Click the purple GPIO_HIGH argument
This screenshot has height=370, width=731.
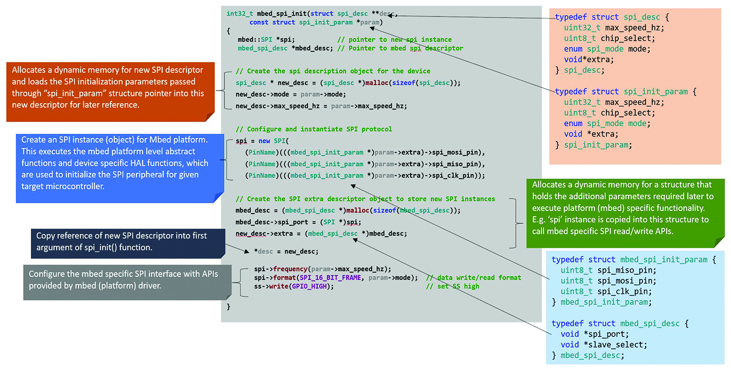(309, 287)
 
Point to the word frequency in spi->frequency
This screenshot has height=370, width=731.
(290, 269)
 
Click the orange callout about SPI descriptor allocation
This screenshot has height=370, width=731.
(110, 92)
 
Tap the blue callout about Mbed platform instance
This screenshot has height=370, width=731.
(120, 168)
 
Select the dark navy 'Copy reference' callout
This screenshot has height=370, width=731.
(128, 243)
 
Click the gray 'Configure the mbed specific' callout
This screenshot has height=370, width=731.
(127, 282)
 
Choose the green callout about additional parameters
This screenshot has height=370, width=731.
(625, 213)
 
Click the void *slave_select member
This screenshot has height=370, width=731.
(604, 345)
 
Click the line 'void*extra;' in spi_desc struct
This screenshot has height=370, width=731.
(589, 59)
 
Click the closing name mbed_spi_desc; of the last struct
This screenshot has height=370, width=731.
(593, 355)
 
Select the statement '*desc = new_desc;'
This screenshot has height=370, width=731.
(286, 251)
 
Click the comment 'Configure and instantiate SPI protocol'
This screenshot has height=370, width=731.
(314, 129)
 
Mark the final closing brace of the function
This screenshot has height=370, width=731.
(229, 307)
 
